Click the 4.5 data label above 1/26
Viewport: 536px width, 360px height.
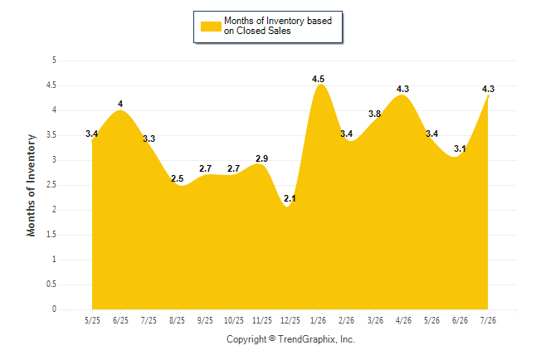318,80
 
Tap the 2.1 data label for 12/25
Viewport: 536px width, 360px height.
290,198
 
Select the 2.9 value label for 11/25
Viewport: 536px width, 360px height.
262,158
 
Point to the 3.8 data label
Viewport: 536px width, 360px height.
375,114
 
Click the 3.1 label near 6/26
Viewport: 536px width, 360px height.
460,148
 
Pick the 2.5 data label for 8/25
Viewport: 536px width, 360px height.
177,178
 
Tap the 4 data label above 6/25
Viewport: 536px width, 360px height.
120,104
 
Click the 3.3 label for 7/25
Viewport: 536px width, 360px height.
149,139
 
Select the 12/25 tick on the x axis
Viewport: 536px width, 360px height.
290,320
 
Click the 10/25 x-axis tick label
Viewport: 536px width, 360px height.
233,320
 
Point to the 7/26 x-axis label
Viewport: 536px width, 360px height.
488,320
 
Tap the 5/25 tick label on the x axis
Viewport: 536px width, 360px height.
92,320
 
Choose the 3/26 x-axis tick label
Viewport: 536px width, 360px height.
375,320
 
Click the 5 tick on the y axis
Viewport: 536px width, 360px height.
54,61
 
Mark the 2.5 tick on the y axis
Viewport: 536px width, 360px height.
51,185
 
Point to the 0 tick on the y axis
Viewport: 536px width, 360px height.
54,309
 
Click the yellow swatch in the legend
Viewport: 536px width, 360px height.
211,27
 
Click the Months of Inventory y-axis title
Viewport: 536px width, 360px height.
31,185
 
